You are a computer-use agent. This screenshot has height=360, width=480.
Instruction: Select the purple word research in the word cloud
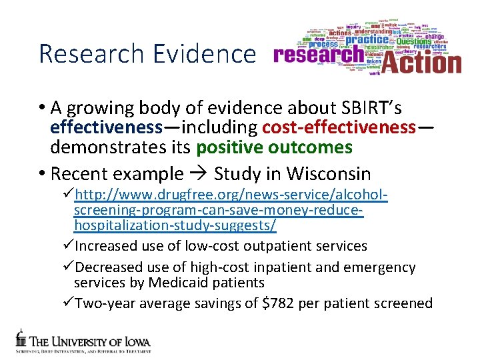tap(318, 55)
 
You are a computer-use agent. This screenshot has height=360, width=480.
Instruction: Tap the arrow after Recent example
tap(198, 174)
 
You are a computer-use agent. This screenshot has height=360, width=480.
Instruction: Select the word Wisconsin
tap(329, 174)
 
